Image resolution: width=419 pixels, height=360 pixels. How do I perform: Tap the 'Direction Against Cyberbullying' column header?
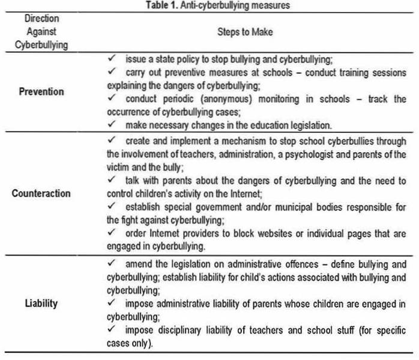[42, 32]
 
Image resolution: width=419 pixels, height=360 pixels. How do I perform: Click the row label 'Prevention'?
[42, 93]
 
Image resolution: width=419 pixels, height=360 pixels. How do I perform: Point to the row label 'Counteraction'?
[42, 194]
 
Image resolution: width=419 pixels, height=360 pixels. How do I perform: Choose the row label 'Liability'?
[42, 303]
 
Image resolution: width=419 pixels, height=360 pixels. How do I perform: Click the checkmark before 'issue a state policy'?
[111, 61]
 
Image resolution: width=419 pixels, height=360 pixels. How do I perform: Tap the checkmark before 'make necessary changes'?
[111, 124]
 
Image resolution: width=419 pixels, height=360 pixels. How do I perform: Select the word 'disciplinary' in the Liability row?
[172, 329]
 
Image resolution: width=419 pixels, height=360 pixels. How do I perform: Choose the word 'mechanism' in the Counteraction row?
[249, 140]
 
